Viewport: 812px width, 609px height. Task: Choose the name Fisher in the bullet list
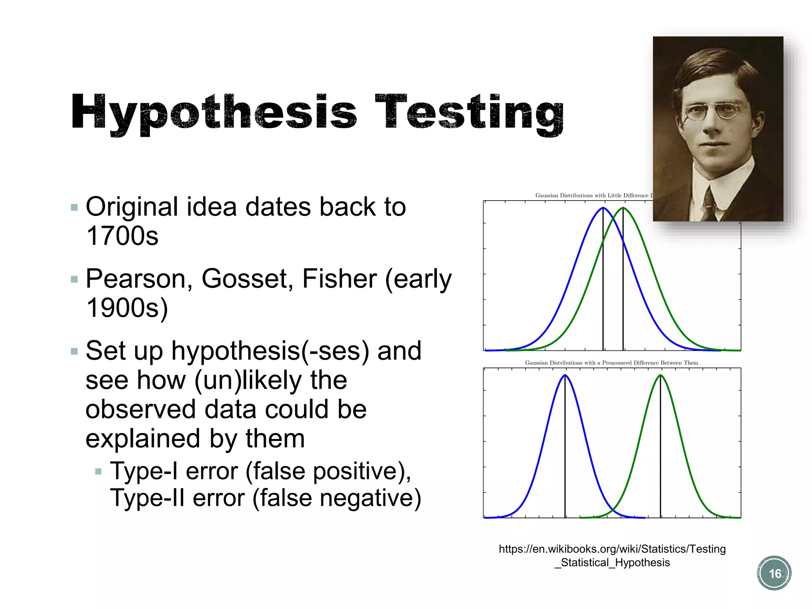[339, 279]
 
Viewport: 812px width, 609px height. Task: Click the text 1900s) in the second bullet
[127, 308]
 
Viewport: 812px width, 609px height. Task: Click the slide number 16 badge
[774, 573]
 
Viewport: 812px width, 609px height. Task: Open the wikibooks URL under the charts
[612, 555]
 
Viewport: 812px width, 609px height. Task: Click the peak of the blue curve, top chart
[603, 208]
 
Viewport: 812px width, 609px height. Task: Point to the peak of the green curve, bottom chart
[661, 375]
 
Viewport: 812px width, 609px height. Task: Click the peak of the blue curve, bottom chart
[565, 375]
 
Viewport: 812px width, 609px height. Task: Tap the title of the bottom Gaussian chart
[611, 363]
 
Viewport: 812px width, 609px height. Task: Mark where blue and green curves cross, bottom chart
[613, 509]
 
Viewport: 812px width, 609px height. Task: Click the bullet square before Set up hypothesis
[74, 351]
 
